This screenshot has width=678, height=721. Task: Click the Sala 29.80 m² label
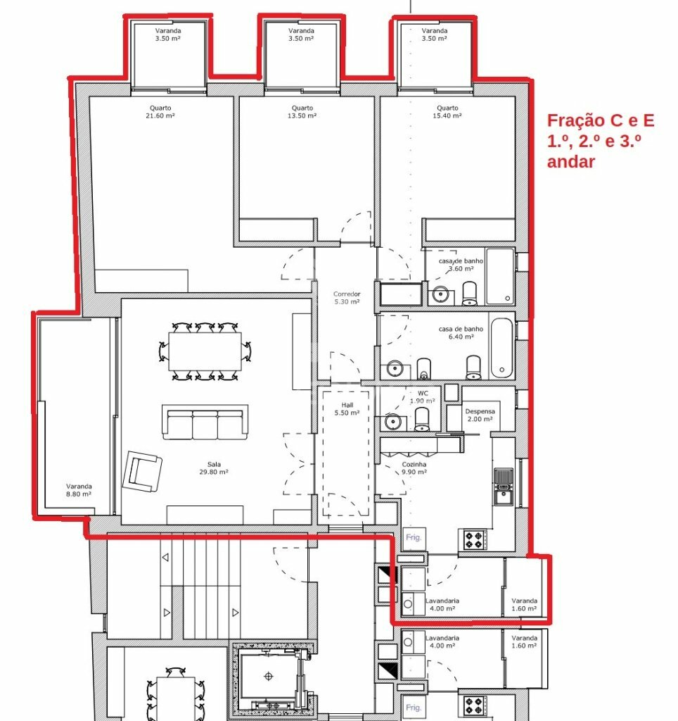214,468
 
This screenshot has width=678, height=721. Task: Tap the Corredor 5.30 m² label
347,298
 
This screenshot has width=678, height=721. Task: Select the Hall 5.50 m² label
347,409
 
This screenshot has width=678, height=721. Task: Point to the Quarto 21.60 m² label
160,112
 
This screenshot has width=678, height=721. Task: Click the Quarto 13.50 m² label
302,112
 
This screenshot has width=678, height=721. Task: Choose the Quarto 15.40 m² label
447,112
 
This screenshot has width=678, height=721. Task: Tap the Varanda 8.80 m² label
79,490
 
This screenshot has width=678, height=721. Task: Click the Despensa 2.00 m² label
480,415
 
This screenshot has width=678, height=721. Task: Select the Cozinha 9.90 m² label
414,468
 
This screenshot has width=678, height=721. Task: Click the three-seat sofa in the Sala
205,422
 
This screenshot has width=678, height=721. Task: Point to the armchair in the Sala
142,471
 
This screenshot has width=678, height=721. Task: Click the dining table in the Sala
205,351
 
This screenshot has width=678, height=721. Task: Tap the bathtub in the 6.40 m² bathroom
501,348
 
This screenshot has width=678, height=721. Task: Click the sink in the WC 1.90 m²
393,421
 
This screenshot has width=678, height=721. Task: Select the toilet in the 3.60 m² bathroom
469,294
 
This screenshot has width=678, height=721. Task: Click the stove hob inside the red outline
475,540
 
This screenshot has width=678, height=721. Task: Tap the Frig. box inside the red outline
414,538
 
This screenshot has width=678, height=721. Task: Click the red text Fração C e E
601,120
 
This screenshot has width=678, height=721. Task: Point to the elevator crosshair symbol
268,676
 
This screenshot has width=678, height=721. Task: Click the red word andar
571,161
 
